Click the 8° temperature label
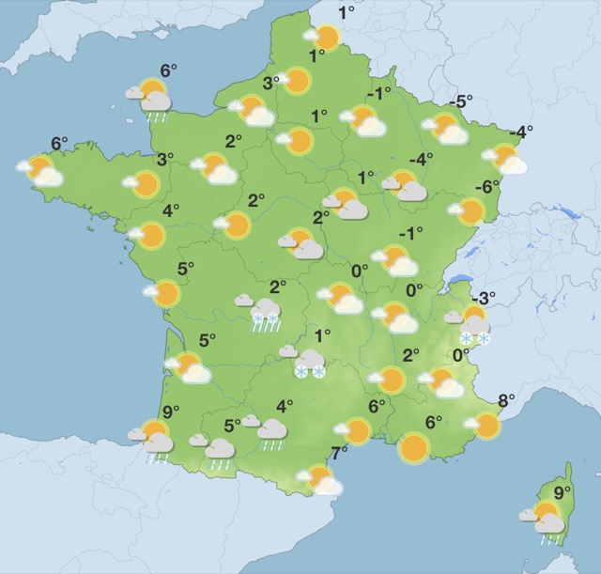click(506, 401)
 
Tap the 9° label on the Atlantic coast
click(170, 410)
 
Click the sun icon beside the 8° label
click(485, 427)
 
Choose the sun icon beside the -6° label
click(469, 211)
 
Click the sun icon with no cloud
click(413, 448)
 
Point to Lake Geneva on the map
click(460, 279)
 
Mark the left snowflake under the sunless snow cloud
click(301, 373)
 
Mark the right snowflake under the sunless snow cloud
click(318, 373)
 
